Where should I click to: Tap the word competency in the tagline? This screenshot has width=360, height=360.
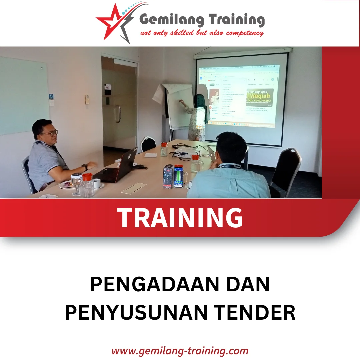tap(245, 33)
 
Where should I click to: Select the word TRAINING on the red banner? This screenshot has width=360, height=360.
tap(180, 218)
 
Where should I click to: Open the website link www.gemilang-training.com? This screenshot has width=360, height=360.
tap(180, 351)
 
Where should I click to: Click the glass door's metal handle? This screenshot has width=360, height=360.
tap(117, 114)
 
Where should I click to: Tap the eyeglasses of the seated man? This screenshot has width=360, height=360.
tap(50, 133)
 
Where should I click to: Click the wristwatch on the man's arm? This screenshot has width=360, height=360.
tap(85, 167)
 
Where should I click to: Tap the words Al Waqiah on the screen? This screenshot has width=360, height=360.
tap(259, 97)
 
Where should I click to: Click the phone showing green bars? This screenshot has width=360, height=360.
tap(179, 176)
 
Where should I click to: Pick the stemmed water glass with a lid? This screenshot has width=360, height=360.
tap(76, 183)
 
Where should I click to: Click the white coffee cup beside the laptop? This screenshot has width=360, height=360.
tap(97, 183)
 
